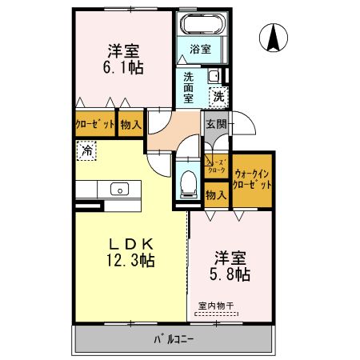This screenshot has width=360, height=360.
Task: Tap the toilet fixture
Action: [189, 182]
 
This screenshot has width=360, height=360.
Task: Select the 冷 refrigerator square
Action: [85, 149]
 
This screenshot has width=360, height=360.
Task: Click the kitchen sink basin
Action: [119, 190]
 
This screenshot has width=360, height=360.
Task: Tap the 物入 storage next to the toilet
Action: [214, 194]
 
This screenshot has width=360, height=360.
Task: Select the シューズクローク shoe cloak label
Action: [216, 166]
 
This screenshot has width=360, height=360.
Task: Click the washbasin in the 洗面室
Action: [214, 77]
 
